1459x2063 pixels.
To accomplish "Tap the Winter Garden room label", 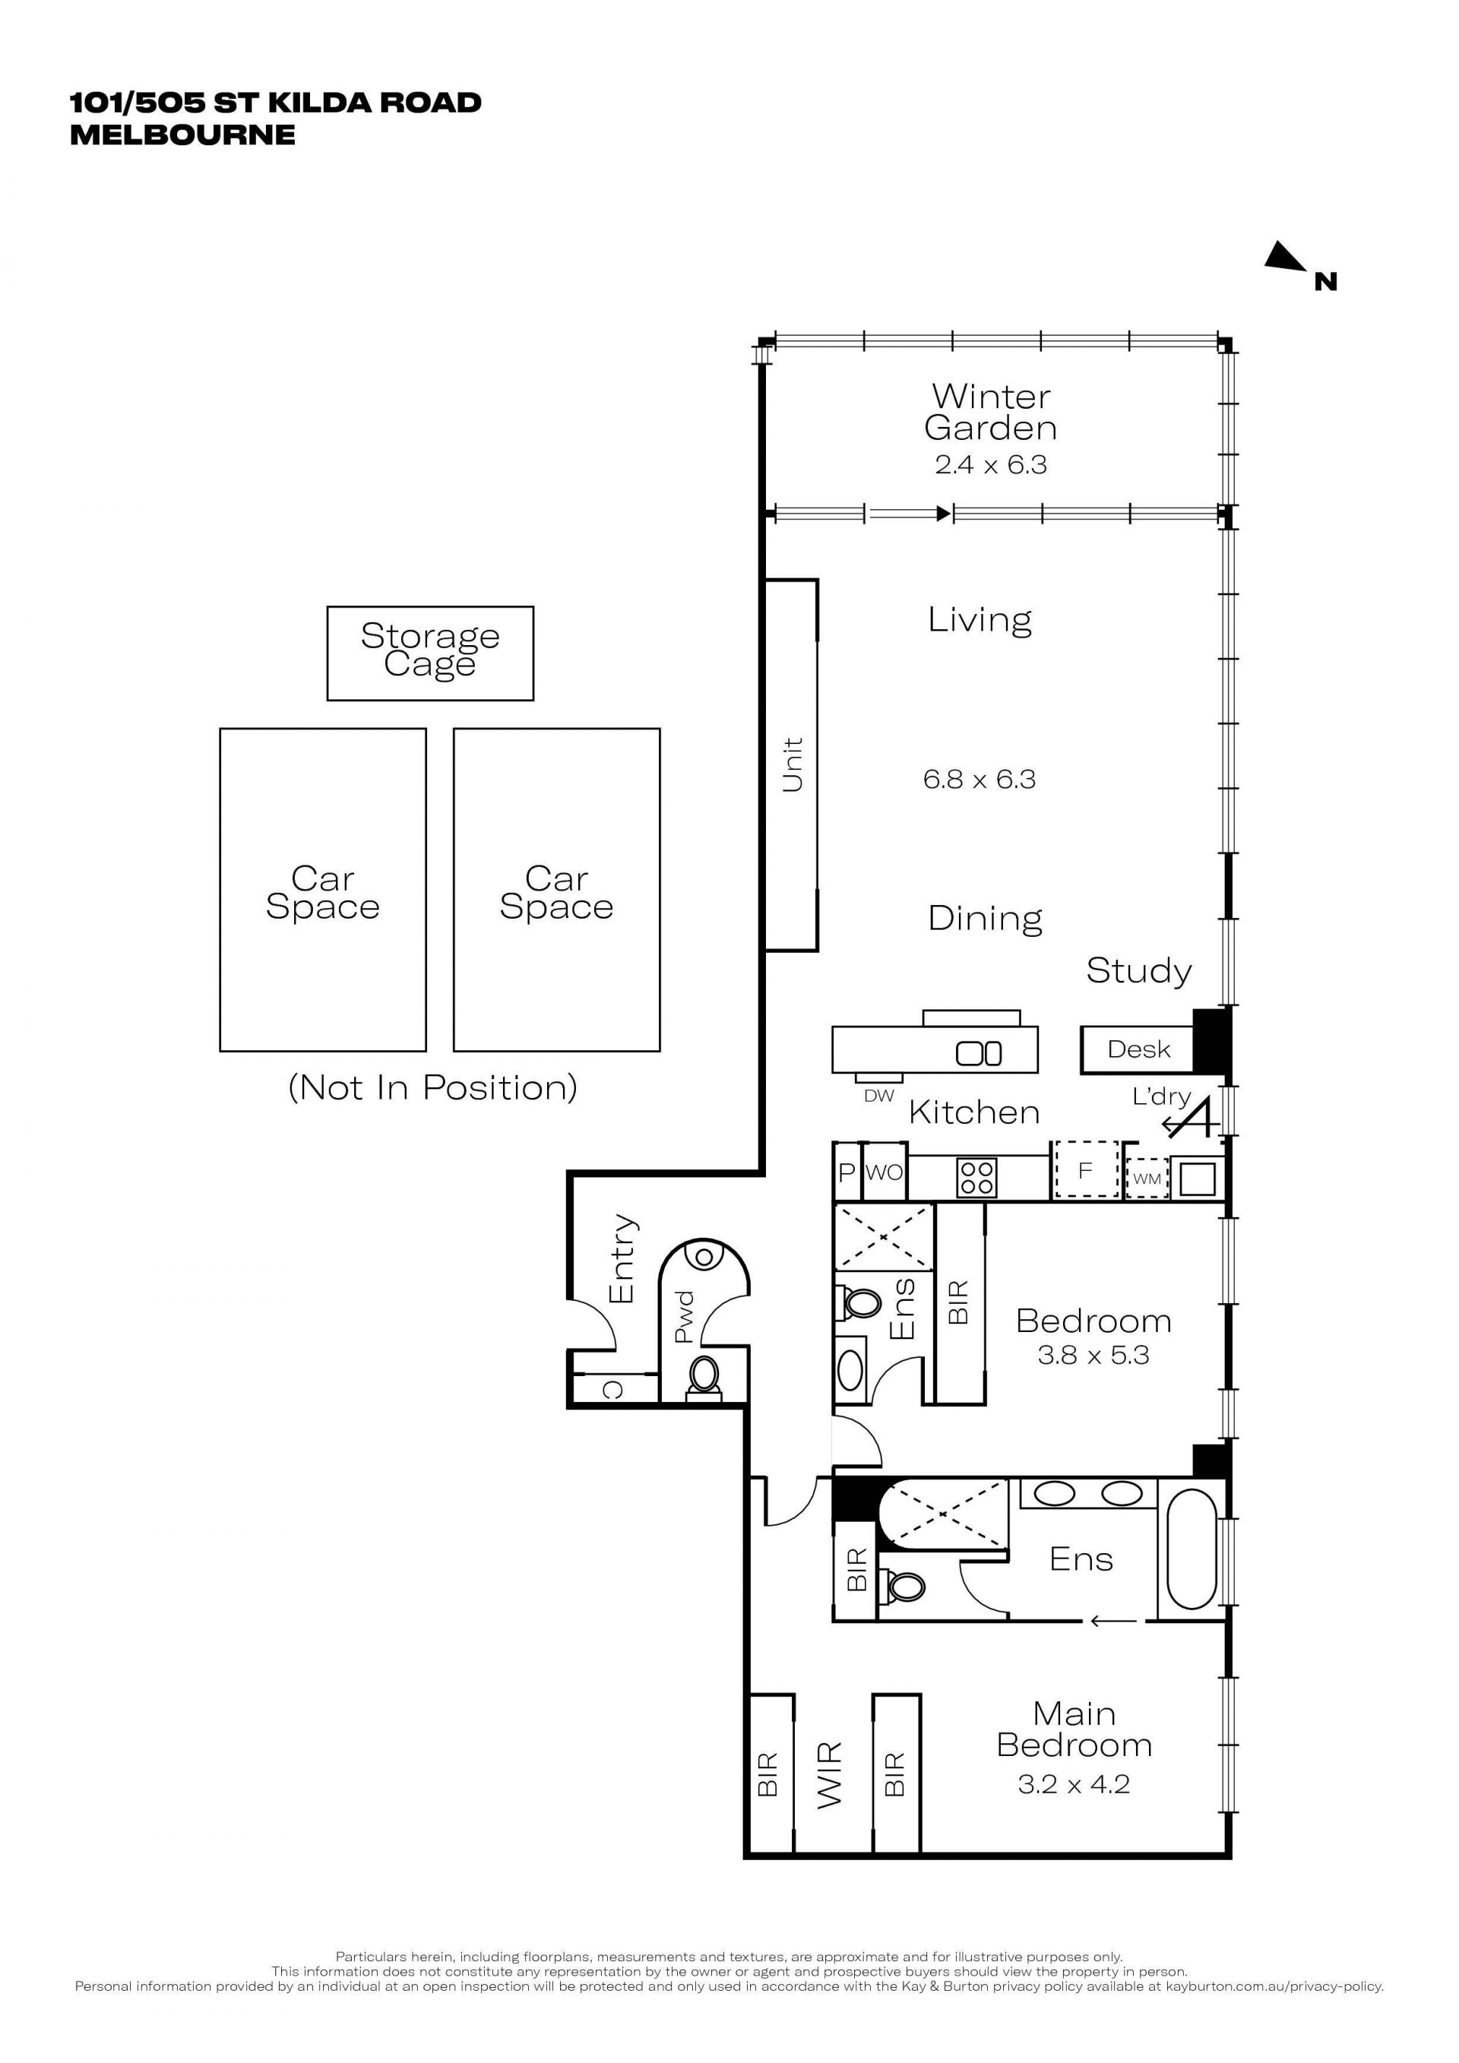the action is click(x=990, y=412).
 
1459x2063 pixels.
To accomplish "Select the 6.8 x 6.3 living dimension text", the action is click(x=980, y=779).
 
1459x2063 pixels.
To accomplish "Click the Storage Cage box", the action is click(x=430, y=653).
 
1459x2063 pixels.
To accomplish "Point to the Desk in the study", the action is click(x=1138, y=1049).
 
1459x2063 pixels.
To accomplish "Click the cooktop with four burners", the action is click(x=976, y=1177).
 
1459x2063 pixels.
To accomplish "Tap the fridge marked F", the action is click(x=1085, y=1170).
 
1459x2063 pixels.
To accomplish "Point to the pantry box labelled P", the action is click(x=847, y=1172).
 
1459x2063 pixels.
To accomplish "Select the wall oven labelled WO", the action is click(x=884, y=1172).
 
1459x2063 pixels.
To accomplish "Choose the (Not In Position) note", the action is click(x=432, y=1088).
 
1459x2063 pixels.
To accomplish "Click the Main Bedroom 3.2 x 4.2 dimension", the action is click(x=1074, y=1783).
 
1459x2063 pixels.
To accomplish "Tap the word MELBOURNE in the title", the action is click(x=182, y=134).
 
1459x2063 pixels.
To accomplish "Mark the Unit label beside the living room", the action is click(x=793, y=765).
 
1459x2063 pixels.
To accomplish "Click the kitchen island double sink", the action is click(x=978, y=1053).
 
